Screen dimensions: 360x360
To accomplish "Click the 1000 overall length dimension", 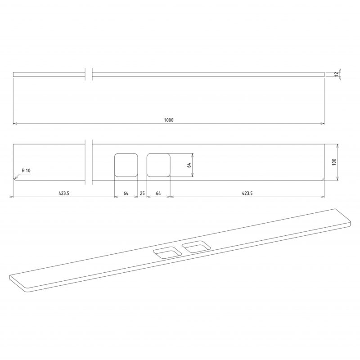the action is pyautogui.click(x=169, y=120).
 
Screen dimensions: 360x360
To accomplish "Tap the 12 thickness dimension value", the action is pyautogui.click(x=337, y=74).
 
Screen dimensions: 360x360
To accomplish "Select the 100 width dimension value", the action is pyautogui.click(x=334, y=162).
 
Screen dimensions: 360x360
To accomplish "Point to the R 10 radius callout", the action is pyautogui.click(x=26, y=171).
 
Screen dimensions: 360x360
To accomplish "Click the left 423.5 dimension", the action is pyautogui.click(x=64, y=193).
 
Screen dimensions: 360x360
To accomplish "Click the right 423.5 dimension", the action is pyautogui.click(x=247, y=193).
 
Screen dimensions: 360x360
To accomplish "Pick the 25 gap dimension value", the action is pyautogui.click(x=142, y=193).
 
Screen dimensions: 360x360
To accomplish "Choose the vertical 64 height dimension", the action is pyautogui.click(x=189, y=165).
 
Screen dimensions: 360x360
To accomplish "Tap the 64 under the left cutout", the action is pyautogui.click(x=126, y=193).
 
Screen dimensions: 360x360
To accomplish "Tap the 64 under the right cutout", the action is pyautogui.click(x=158, y=193).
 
